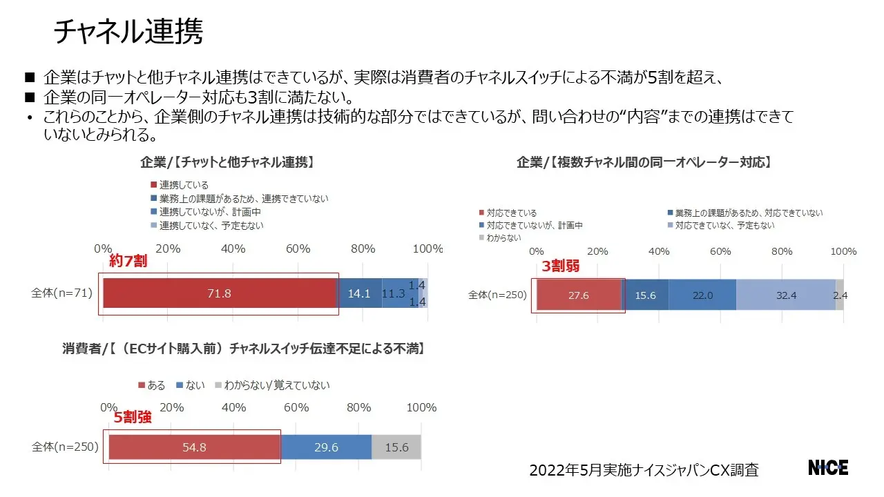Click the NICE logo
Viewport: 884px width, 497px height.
point(828,467)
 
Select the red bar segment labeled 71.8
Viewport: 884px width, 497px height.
point(219,293)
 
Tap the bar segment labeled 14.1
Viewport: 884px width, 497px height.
point(359,293)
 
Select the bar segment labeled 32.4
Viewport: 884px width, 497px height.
point(786,295)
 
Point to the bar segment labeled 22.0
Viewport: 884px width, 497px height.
point(702,295)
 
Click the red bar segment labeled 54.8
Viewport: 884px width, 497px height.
point(194,447)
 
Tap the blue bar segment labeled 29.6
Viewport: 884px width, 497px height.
point(326,447)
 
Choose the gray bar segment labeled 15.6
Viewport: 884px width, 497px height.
point(396,447)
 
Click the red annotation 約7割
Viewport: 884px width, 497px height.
point(128,262)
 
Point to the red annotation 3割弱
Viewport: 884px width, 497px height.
point(561,266)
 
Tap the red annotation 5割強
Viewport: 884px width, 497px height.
point(133,417)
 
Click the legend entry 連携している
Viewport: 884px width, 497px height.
point(183,185)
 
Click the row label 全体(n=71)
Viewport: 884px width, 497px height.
point(61,293)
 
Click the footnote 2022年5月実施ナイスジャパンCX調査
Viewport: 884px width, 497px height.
point(644,470)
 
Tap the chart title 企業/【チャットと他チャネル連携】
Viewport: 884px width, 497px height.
point(228,162)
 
